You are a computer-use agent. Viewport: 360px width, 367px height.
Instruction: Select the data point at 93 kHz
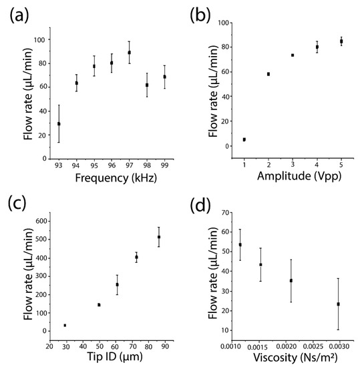pyautogui.click(x=59, y=123)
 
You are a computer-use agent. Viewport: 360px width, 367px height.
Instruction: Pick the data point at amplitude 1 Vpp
pyautogui.click(x=244, y=139)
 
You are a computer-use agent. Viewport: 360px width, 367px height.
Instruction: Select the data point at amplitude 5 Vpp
pyautogui.click(x=341, y=41)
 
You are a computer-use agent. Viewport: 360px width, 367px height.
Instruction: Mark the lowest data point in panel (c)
pyautogui.click(x=65, y=326)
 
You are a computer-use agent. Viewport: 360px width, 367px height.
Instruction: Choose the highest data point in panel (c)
pyautogui.click(x=159, y=237)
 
